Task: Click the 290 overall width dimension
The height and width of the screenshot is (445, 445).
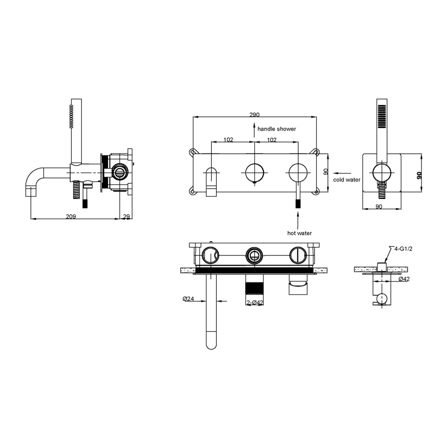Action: (x=254, y=115)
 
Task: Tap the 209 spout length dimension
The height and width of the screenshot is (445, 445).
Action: (x=71, y=217)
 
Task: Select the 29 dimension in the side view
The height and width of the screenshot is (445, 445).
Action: (x=126, y=217)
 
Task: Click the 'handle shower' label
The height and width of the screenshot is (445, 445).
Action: (x=277, y=129)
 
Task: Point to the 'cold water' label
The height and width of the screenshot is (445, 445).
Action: (x=347, y=180)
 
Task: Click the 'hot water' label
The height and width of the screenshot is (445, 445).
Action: (x=299, y=233)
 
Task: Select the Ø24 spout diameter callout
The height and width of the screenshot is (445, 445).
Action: (x=188, y=299)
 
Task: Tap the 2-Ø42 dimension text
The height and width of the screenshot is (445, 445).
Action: (x=255, y=303)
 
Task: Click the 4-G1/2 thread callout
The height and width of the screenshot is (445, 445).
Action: (x=403, y=249)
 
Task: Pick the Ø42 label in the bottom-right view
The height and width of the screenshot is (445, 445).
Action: (x=404, y=279)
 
